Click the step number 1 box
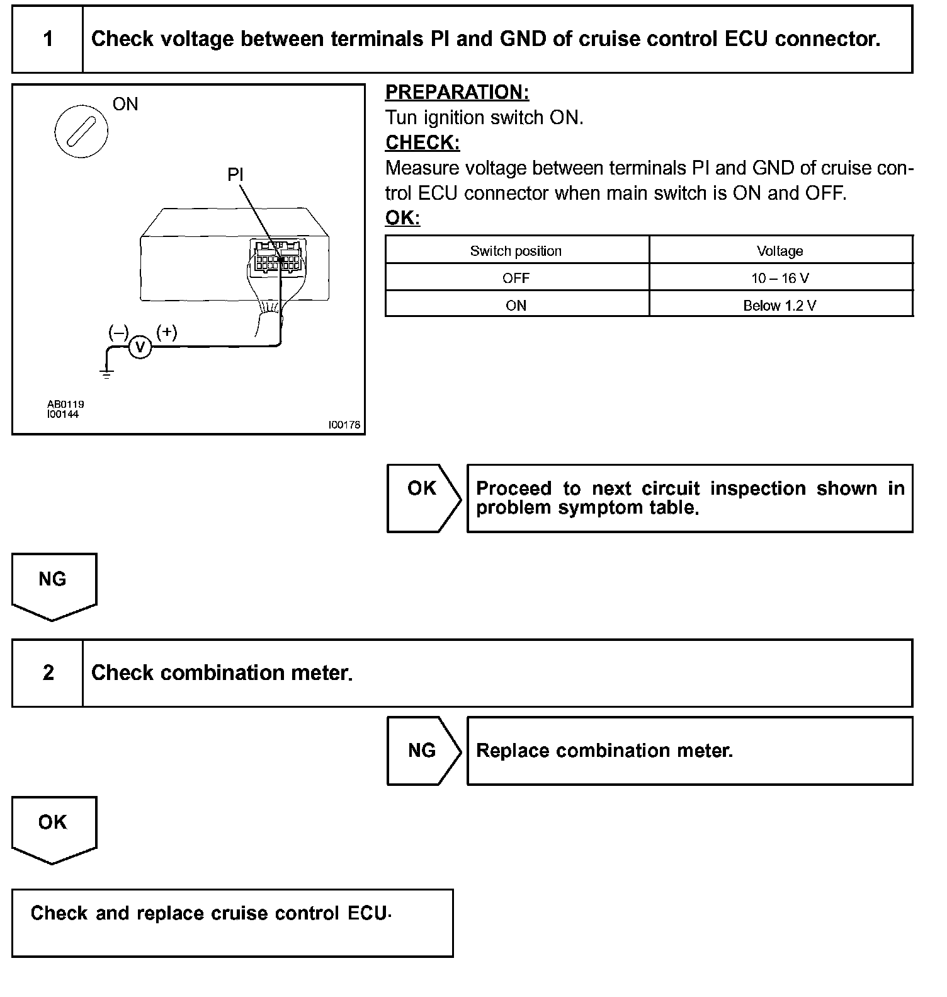tap(48, 39)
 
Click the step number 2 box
tap(48, 673)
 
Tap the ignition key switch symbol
tap(81, 132)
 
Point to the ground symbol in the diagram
tap(107, 373)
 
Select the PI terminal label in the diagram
tap(235, 175)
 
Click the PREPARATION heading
tap(457, 93)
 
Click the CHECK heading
tap(422, 143)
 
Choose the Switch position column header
tap(516, 251)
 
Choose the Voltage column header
tap(780, 251)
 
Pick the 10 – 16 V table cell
tap(780, 278)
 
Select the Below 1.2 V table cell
tap(780, 306)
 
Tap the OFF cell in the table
tap(516, 278)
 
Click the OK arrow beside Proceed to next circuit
tap(422, 498)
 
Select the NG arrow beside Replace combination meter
tap(422, 751)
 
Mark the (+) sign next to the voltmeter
tap(166, 332)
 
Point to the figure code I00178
tap(344, 425)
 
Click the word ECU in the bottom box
tap(367, 913)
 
